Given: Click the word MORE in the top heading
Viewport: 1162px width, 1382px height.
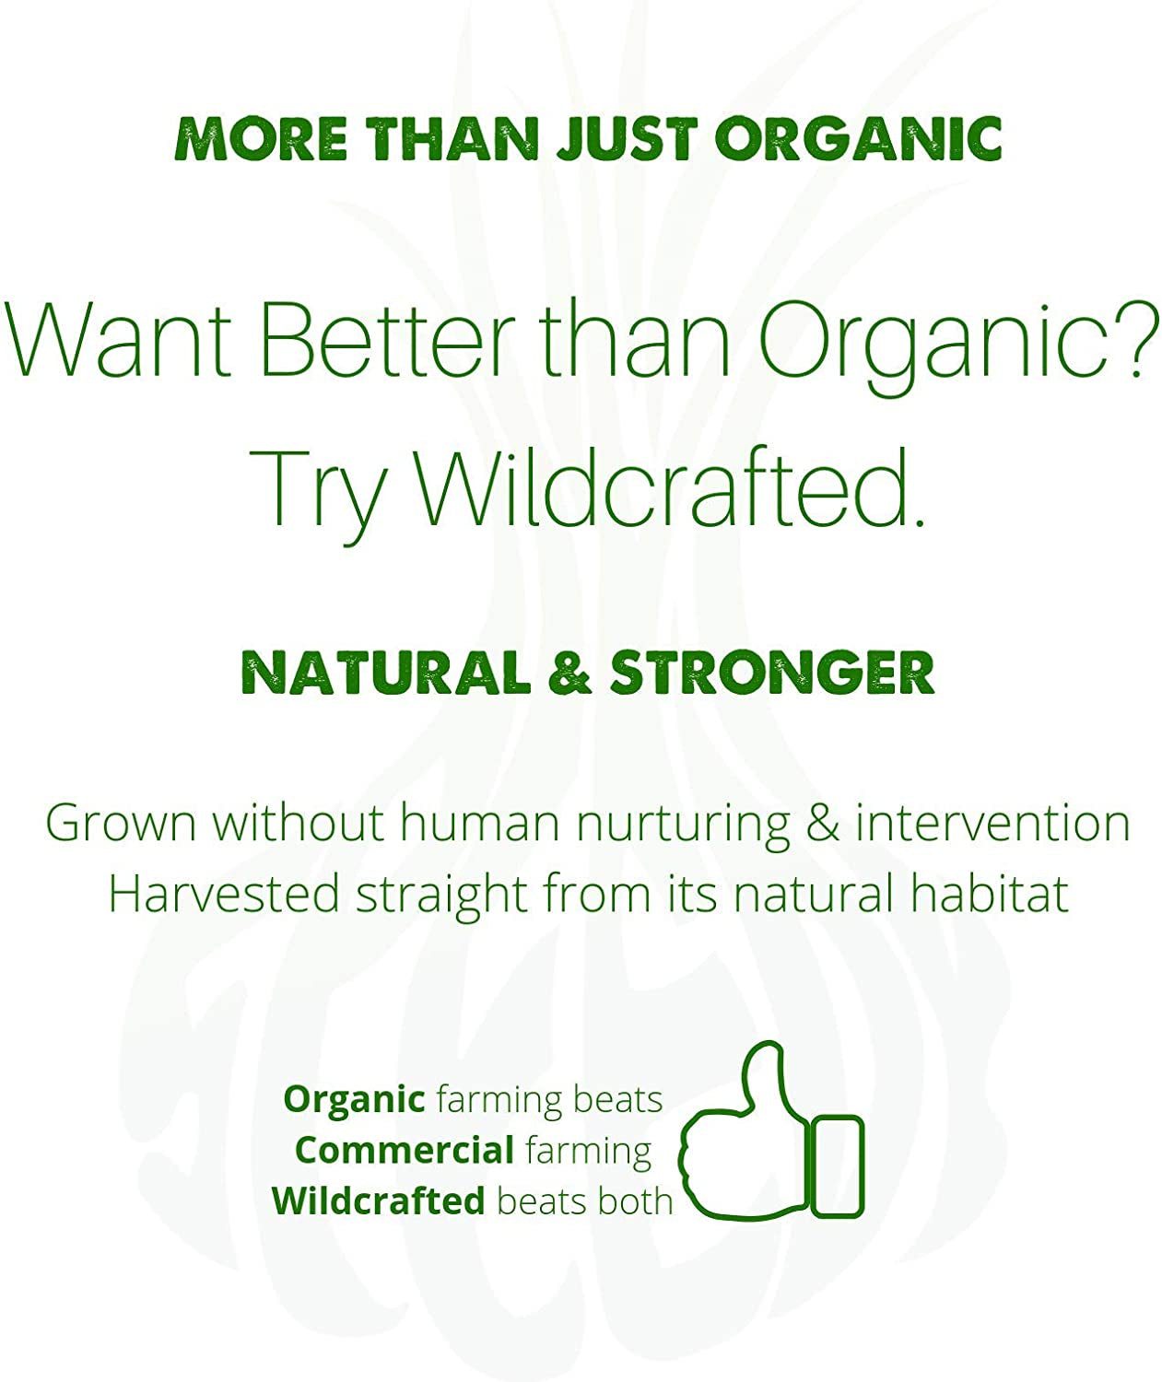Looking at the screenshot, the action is click(x=260, y=140).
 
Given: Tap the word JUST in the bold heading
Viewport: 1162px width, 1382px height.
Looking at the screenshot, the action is click(x=627, y=140).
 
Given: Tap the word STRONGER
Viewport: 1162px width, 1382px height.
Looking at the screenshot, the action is click(x=772, y=673).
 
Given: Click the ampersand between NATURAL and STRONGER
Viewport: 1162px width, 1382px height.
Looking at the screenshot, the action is click(x=570, y=673).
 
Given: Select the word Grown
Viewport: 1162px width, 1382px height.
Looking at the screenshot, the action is click(x=121, y=823).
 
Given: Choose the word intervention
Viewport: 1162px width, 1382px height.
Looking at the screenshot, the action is click(x=992, y=823).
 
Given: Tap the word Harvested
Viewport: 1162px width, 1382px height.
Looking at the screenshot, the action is click(x=224, y=895).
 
